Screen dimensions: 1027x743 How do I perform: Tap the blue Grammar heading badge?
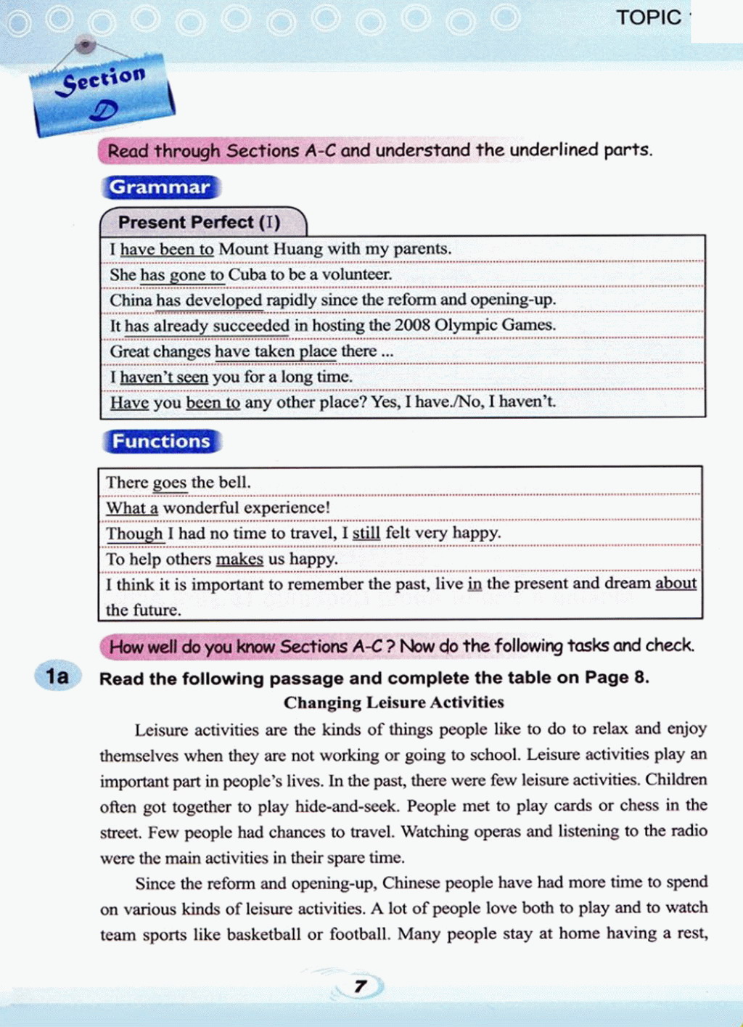point(160,187)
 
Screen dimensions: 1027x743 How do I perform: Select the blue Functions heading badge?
point(161,441)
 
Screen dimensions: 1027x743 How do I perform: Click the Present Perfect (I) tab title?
point(199,222)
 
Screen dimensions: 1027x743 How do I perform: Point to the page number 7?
point(360,986)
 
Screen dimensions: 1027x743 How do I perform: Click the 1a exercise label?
point(57,676)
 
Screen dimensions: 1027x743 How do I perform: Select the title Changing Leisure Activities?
point(393,703)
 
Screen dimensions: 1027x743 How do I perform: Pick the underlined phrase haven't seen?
point(164,377)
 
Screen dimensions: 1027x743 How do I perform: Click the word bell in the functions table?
point(234,482)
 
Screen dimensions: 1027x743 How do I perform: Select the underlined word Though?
point(134,533)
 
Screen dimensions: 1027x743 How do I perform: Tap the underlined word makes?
point(239,559)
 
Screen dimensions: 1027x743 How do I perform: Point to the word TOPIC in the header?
point(649,17)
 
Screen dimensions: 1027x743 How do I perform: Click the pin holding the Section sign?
point(86,45)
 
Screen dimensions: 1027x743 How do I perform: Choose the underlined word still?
point(366,533)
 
